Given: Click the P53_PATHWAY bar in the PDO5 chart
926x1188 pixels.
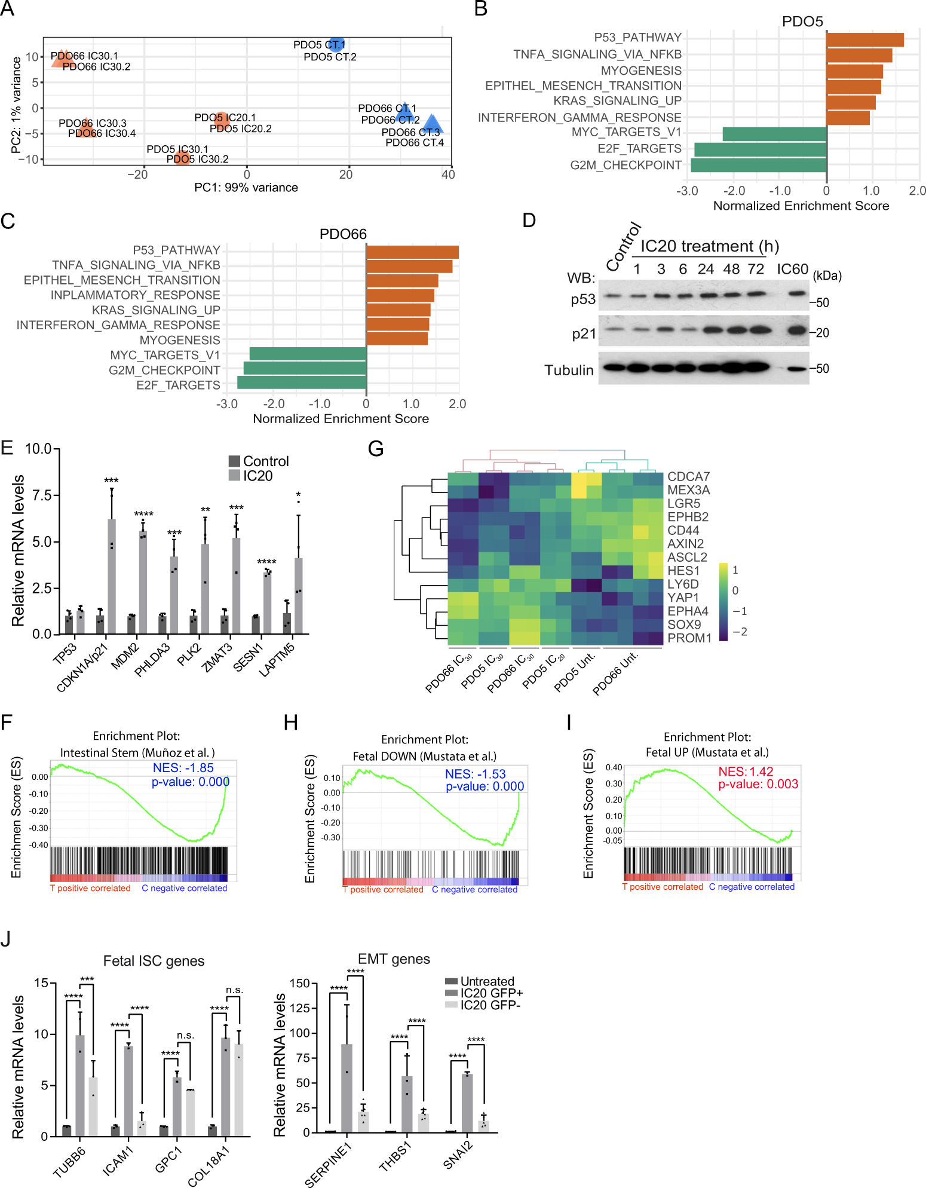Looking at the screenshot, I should pos(864,39).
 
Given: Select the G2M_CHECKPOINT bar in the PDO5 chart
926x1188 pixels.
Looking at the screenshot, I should pos(758,165).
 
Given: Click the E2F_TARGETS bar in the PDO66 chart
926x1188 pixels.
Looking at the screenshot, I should pos(302,382).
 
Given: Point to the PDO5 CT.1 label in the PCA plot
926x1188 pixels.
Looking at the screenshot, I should pos(318,45).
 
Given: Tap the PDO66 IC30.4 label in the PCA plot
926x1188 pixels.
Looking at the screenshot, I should pos(102,133).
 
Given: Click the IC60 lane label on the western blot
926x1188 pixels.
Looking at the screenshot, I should pos(792,269).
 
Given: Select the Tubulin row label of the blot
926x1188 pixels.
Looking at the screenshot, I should pos(569,370).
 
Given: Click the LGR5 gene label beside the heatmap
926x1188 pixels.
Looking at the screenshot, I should pos(683,503).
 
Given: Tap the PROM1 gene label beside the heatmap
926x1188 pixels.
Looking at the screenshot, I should pos(689,638).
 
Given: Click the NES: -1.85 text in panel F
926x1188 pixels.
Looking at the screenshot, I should pos(183,768).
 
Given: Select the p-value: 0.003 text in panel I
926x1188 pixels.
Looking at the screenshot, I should pos(758,784).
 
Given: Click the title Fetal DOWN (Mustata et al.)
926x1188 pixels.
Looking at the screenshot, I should pos(424,756).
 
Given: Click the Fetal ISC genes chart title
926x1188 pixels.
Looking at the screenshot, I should pos(154,961).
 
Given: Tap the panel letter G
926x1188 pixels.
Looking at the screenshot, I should pos(375,448).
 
